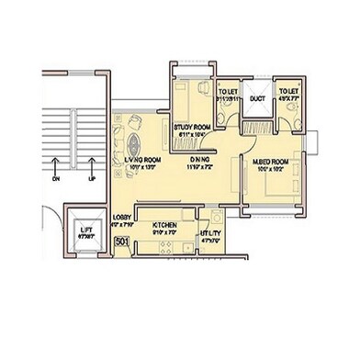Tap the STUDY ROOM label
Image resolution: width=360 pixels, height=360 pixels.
point(192,129)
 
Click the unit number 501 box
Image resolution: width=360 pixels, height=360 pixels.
point(121,242)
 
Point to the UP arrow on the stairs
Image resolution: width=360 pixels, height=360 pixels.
point(90,169)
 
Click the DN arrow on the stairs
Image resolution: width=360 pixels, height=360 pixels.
point(57,169)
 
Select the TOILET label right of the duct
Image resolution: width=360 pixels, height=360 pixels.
point(289,91)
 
